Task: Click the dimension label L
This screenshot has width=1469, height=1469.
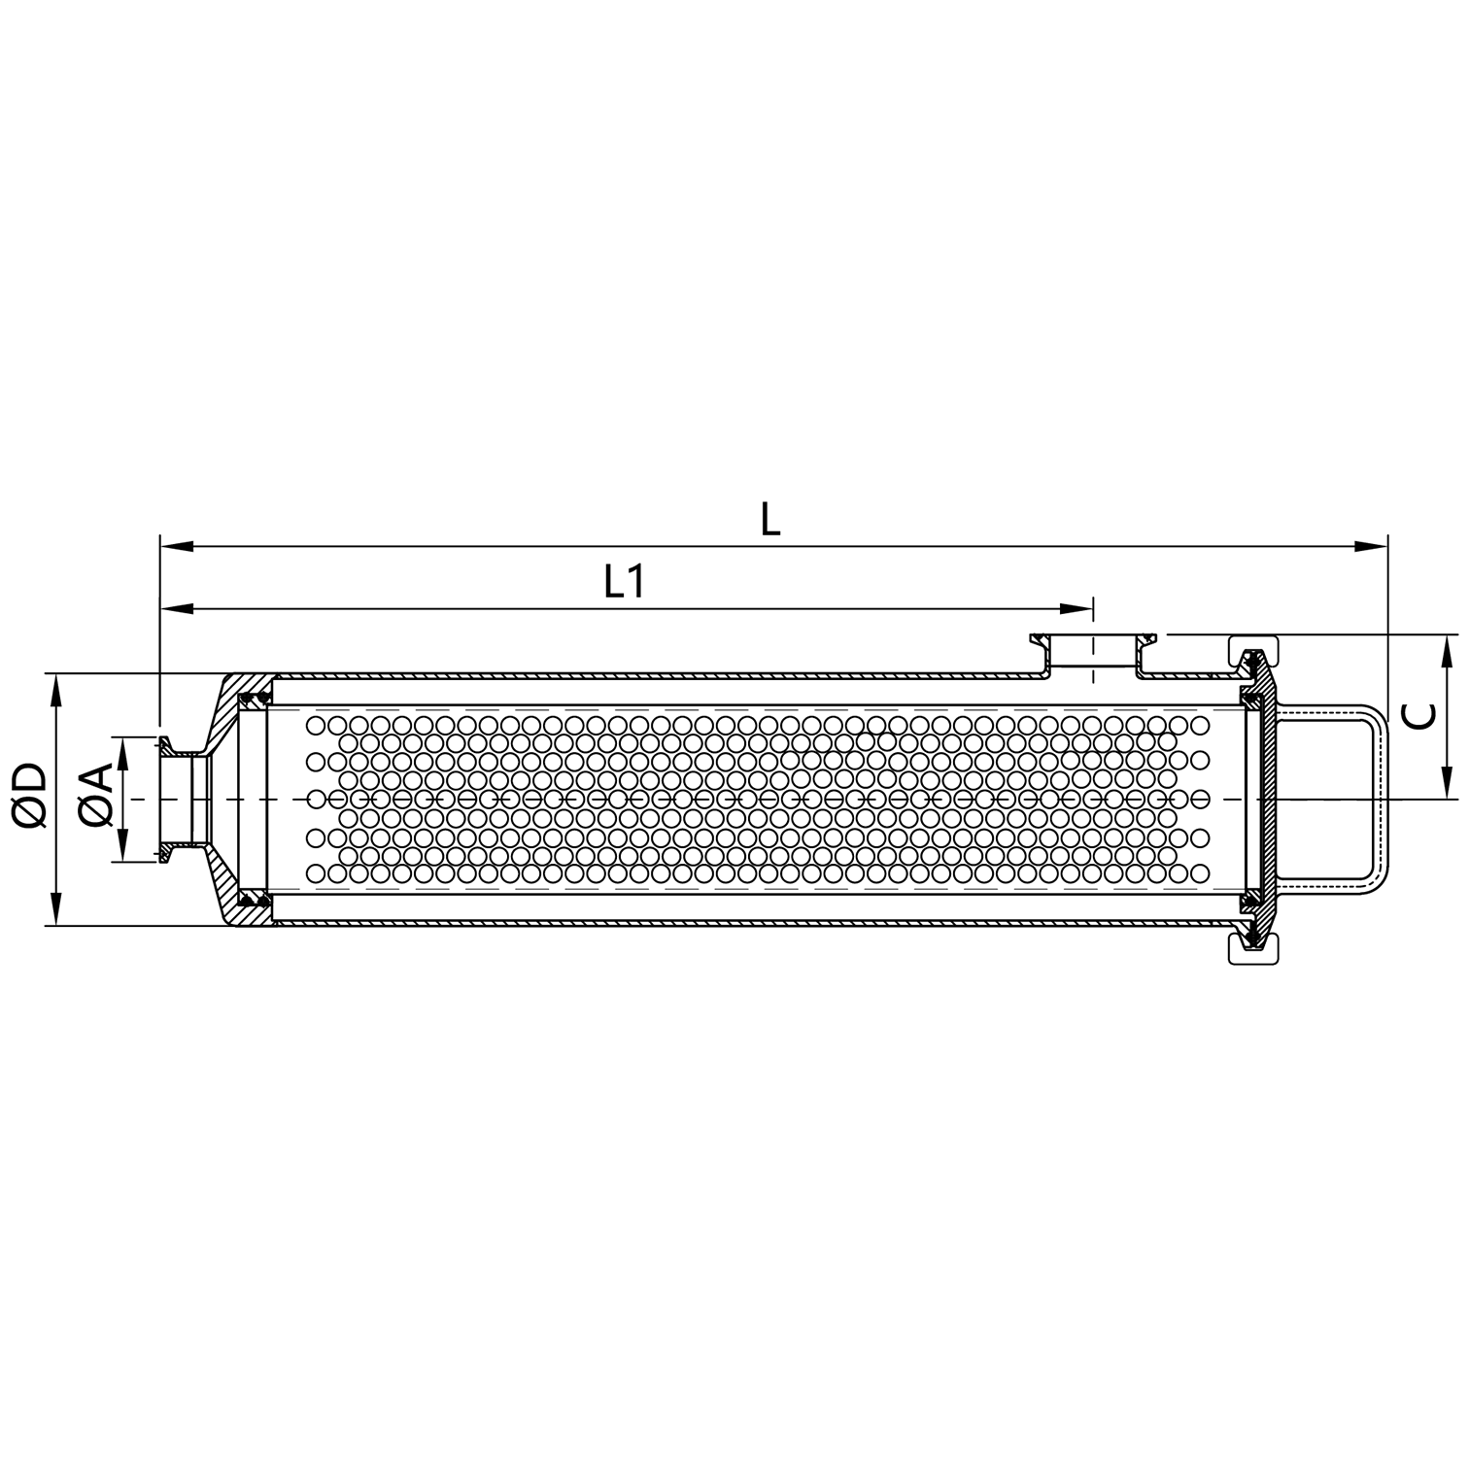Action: point(769,521)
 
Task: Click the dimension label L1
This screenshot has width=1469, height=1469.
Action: point(625,582)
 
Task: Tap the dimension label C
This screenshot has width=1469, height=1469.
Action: point(1420,716)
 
